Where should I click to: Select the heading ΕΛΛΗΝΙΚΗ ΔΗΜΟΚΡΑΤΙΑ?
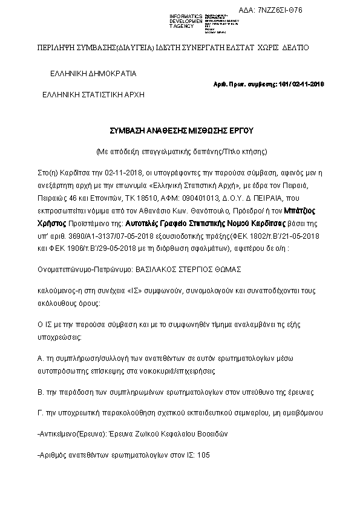pyautogui.click(x=93, y=74)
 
